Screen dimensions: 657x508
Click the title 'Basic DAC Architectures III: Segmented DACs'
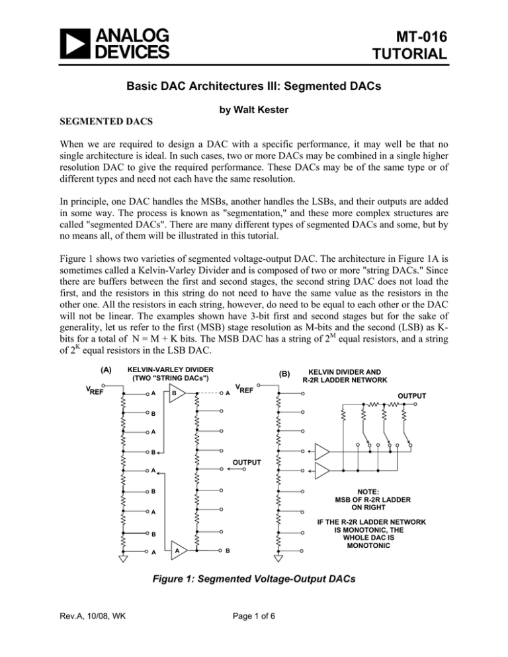tap(253, 95)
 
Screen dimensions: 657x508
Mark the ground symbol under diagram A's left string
tap(123, 558)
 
